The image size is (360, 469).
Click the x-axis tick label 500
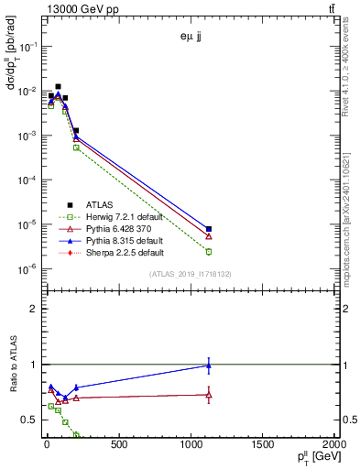[x=119, y=444]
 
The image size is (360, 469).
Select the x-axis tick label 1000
[x=191, y=444]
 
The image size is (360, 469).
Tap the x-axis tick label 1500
[x=264, y=444]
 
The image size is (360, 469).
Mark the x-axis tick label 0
[x=47, y=444]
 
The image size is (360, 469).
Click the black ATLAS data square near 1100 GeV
[x=209, y=229]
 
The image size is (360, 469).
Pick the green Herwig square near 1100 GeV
[x=209, y=251]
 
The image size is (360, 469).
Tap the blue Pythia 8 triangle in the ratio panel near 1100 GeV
[x=209, y=365]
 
